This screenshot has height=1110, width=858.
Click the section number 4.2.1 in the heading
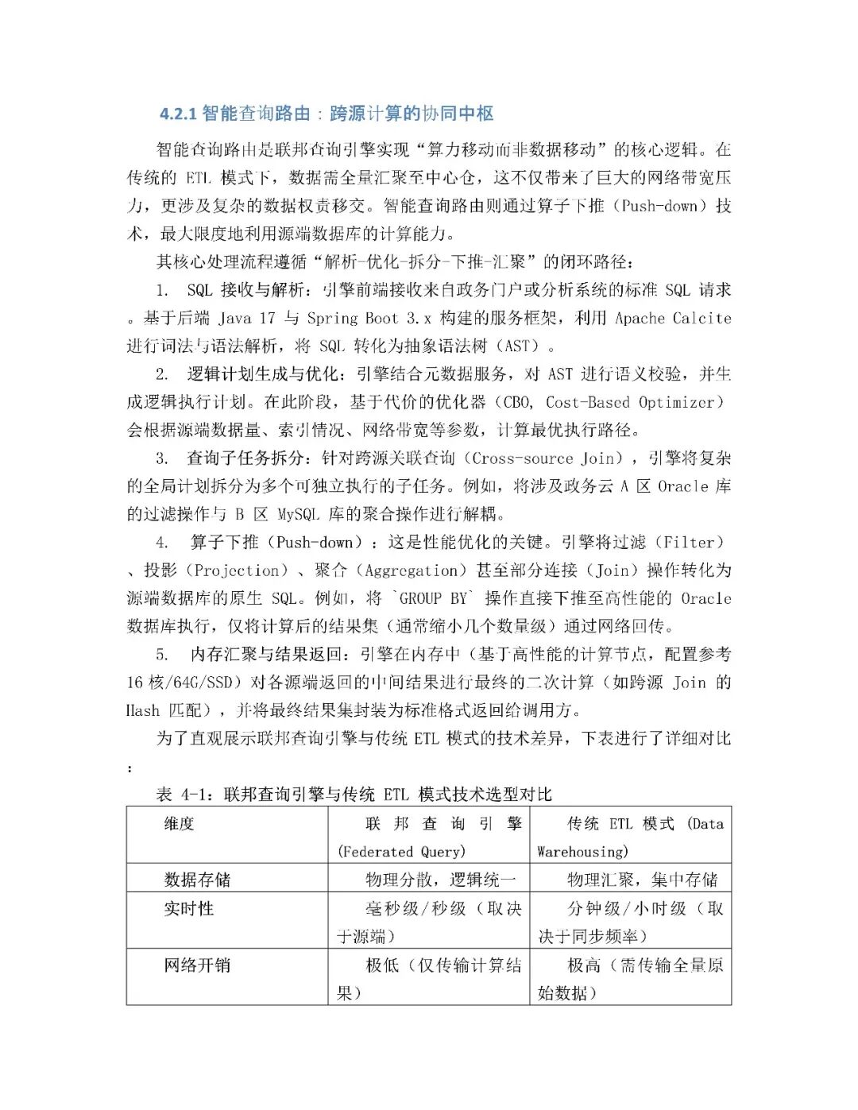(178, 114)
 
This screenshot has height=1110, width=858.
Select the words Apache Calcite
(673, 318)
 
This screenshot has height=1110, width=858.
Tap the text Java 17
(247, 318)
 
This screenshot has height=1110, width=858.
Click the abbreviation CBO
(519, 402)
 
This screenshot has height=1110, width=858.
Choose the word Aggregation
(410, 570)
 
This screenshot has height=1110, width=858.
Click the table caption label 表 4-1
(184, 794)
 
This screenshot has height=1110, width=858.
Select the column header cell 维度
(180, 824)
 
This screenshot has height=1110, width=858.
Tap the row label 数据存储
(197, 880)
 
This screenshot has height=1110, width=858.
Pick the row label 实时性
(189, 908)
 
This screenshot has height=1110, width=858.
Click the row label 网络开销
(197, 965)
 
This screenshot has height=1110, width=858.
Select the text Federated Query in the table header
(402, 852)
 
